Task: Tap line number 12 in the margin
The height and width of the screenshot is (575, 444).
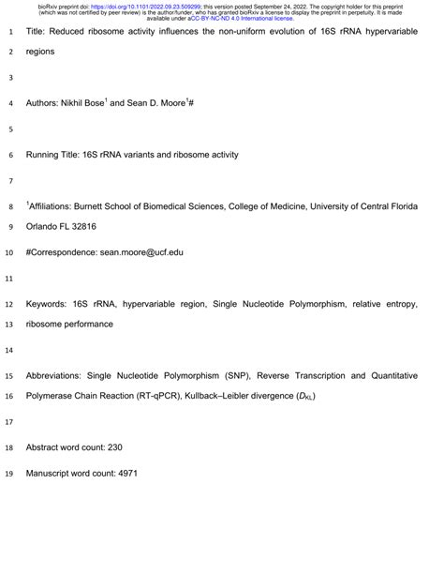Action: click(9, 304)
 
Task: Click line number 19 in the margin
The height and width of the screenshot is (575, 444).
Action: click(9, 474)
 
